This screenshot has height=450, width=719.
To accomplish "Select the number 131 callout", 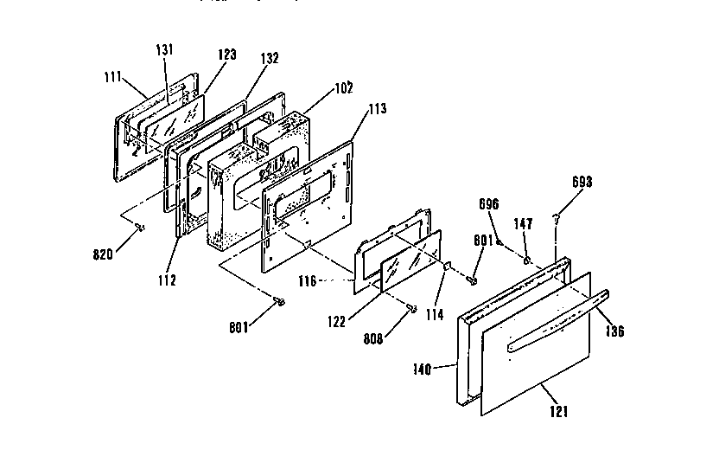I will (165, 49).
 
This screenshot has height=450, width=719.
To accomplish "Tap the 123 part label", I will (226, 54).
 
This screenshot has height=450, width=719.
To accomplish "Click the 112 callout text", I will (167, 280).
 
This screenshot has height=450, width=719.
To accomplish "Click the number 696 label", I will (490, 205).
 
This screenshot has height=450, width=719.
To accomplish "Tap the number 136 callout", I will (614, 331).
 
